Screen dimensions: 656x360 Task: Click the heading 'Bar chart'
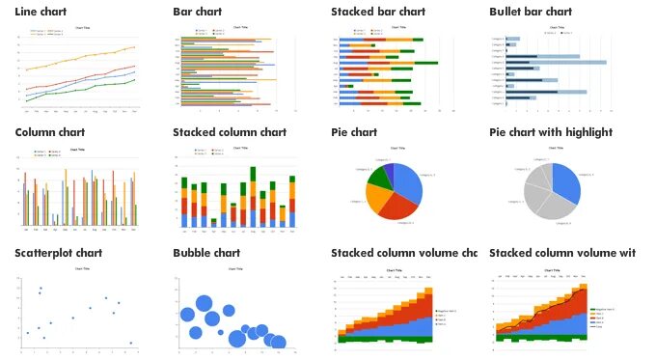pyautogui.click(x=197, y=12)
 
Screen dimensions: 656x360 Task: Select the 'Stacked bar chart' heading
pyautogui.click(x=378, y=12)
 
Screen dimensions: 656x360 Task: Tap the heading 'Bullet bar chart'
pyautogui.click(x=531, y=12)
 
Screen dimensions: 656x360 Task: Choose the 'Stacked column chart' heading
pyautogui.click(x=230, y=132)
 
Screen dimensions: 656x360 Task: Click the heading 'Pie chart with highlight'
pyautogui.click(x=551, y=132)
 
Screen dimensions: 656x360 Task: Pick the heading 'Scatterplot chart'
pyautogui.click(x=59, y=253)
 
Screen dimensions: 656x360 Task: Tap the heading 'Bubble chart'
pyautogui.click(x=206, y=253)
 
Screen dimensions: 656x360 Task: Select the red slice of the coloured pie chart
pyautogui.click(x=396, y=205)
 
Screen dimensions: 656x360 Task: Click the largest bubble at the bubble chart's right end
pyautogui.click(x=278, y=341)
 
